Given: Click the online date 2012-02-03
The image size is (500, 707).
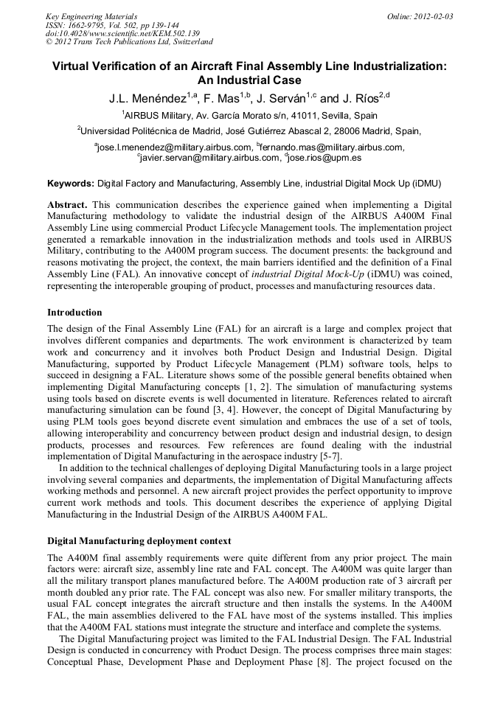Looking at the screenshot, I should (433, 16).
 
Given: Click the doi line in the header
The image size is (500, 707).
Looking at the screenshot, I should (122, 33).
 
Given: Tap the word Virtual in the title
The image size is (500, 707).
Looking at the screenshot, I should (73, 66).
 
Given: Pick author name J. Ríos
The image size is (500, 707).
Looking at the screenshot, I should (361, 98).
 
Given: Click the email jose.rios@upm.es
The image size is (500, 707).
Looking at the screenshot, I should (324, 157).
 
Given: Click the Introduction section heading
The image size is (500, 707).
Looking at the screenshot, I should (75, 313).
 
